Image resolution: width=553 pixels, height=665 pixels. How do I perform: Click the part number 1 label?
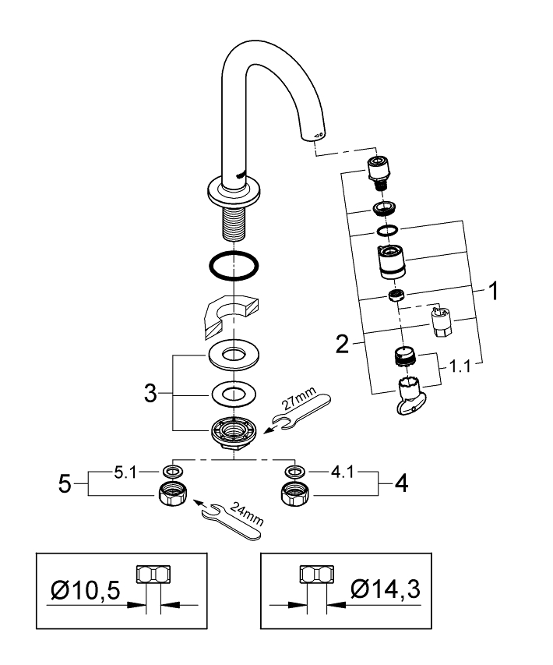pyautogui.click(x=492, y=292)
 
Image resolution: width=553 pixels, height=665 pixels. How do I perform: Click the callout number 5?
pyautogui.click(x=68, y=483)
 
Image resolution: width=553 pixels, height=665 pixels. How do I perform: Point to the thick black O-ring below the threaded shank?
pyautogui.click(x=234, y=267)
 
